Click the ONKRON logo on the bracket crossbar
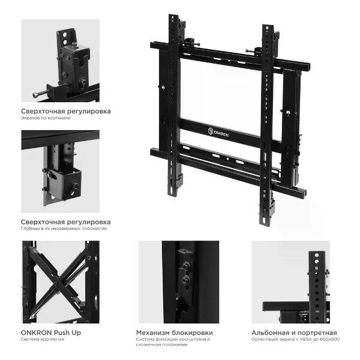pyautogui.click(x=218, y=132)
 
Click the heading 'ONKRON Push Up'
pyautogui.click(x=51, y=332)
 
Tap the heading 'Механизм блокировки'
pyautogui.click(x=175, y=332)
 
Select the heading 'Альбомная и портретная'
pyautogui.click(x=294, y=332)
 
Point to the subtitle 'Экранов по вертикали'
pyautogui.click(x=46, y=118)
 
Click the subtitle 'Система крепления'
pyautogui.click(x=43, y=339)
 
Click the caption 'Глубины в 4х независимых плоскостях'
pyautogui.click(x=64, y=229)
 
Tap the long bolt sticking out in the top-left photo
pyautogui.click(x=41, y=93)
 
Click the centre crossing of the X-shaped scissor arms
pyautogui.click(x=56, y=283)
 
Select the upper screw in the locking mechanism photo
pyautogui.click(x=185, y=266)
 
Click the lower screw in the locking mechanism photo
pyautogui.click(x=185, y=280)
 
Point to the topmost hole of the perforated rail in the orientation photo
pyautogui.click(x=317, y=256)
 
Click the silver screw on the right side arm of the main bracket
pyautogui.click(x=287, y=113)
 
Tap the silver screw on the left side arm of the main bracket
pyautogui.click(x=163, y=87)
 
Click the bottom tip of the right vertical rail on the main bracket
pyautogui.click(x=265, y=224)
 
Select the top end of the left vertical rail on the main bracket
pyautogui.click(x=173, y=16)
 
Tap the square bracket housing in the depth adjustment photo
pyautogui.click(x=65, y=184)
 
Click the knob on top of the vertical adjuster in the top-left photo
pyautogui.click(x=74, y=44)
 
